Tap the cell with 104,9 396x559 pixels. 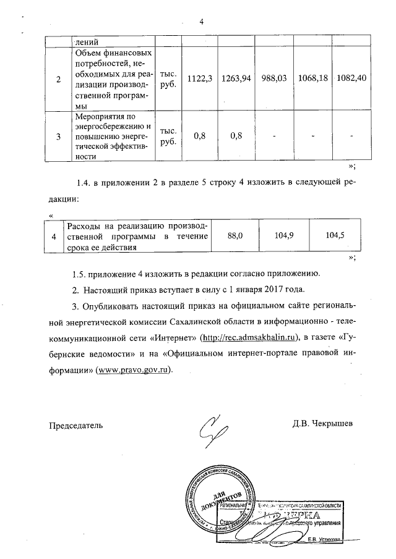tap(282, 235)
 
